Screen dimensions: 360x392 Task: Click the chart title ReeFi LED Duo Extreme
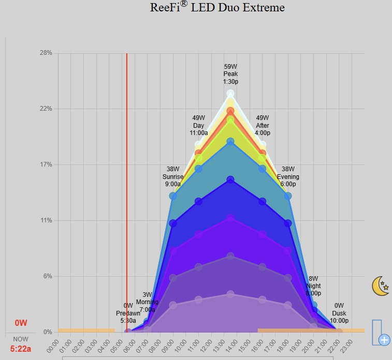[x=217, y=7]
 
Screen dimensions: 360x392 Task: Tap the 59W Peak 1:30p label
[x=230, y=74]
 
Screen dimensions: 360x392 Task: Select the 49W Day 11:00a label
[x=199, y=125]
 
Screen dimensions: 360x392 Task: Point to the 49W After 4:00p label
[x=262, y=125]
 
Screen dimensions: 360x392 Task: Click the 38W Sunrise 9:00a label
[x=173, y=176]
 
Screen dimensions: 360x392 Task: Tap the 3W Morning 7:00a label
[x=147, y=302]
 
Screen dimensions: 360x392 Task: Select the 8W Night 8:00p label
[x=313, y=286]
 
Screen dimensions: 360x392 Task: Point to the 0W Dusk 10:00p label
[x=339, y=313]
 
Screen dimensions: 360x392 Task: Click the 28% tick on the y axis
[x=46, y=53]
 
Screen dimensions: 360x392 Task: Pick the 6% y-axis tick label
[x=47, y=276]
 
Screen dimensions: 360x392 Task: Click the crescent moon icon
[x=381, y=286]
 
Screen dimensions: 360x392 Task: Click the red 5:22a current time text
[x=21, y=349]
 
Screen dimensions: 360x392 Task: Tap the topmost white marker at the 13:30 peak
[x=230, y=94]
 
